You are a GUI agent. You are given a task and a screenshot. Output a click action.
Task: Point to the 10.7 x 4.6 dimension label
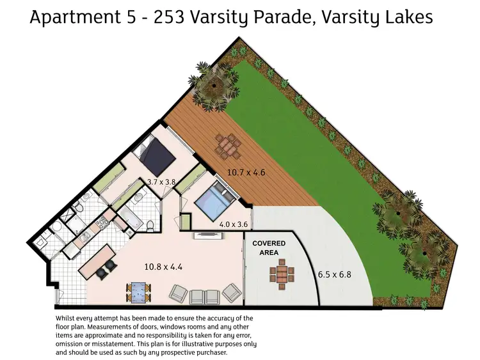point(246,171)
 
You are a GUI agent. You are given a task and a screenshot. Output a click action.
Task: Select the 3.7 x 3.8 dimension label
point(161,182)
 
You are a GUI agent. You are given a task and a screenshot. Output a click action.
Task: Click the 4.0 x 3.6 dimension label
point(233,224)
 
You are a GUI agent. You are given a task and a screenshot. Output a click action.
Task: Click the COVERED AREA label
point(268,248)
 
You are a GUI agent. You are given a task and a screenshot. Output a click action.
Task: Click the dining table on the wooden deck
point(227,146)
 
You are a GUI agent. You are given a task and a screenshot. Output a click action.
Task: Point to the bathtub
point(132,216)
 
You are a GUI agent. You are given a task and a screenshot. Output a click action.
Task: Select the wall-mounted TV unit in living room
point(209,234)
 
